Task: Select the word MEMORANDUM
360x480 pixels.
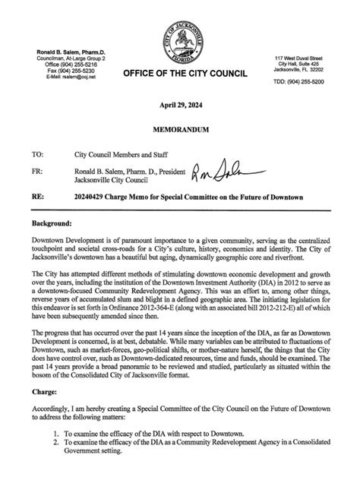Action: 180,131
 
